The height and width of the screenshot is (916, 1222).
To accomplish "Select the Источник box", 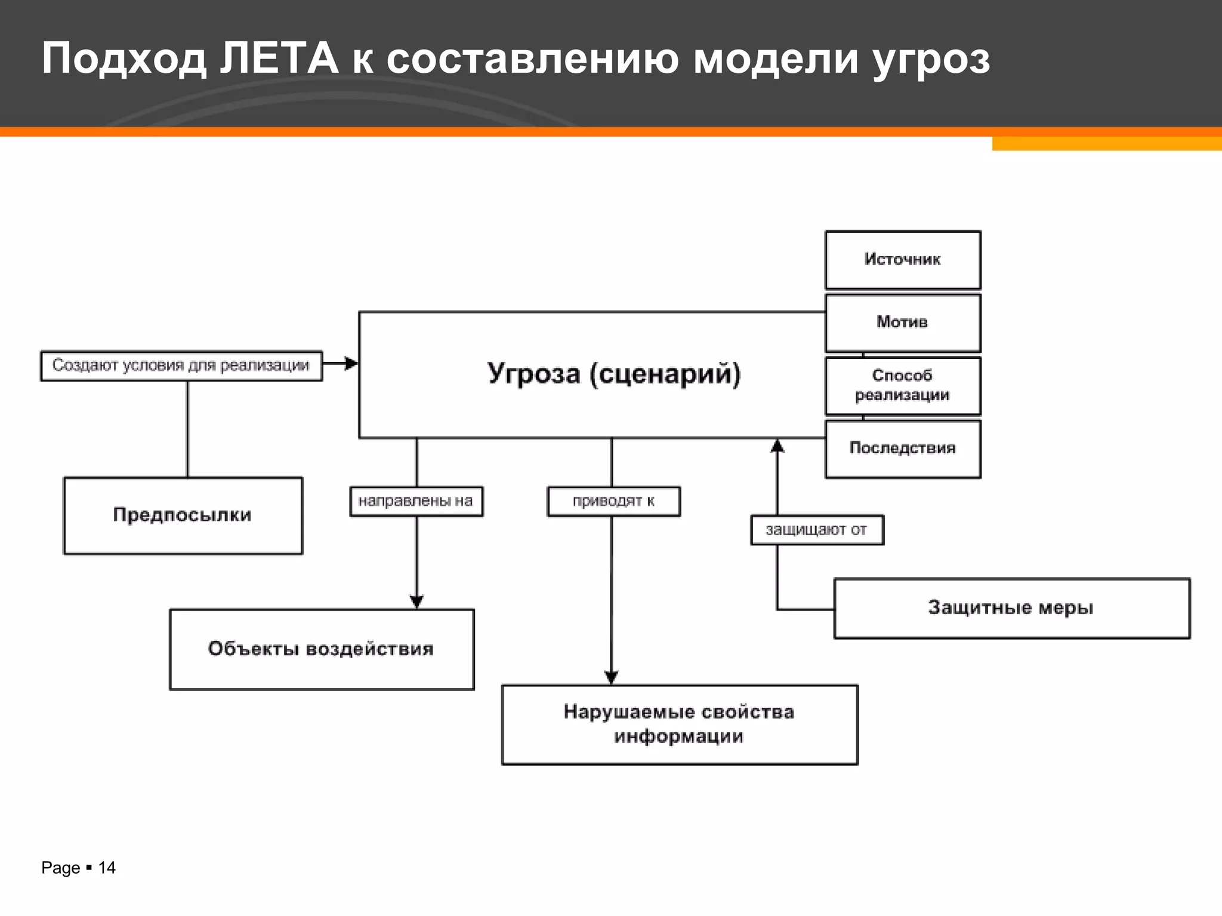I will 902,260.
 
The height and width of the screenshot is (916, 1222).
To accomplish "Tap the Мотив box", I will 902,323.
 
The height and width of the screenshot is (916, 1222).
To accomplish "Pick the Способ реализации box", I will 902,385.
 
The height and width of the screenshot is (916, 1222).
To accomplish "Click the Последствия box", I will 902,448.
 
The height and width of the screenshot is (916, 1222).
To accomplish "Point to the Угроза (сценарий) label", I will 614,374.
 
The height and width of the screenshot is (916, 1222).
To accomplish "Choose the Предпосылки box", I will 183,515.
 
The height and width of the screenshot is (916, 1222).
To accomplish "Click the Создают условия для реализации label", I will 181,366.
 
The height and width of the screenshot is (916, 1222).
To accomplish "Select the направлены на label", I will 416,501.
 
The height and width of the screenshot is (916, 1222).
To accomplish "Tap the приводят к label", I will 613,501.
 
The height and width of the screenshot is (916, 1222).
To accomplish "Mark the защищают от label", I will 816,530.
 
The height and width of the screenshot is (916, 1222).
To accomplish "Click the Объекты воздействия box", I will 322,649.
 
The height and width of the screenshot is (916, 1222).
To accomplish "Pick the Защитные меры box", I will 1011,608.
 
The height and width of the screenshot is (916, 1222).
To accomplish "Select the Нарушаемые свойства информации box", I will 679,724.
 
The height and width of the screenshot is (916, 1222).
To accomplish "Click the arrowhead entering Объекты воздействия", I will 416,602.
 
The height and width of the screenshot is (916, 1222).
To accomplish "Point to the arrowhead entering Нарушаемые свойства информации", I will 611,677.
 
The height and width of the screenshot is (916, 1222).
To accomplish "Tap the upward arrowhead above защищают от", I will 777,445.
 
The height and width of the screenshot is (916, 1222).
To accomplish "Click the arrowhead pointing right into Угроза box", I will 351,363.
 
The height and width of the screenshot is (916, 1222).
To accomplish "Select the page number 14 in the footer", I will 107,868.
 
